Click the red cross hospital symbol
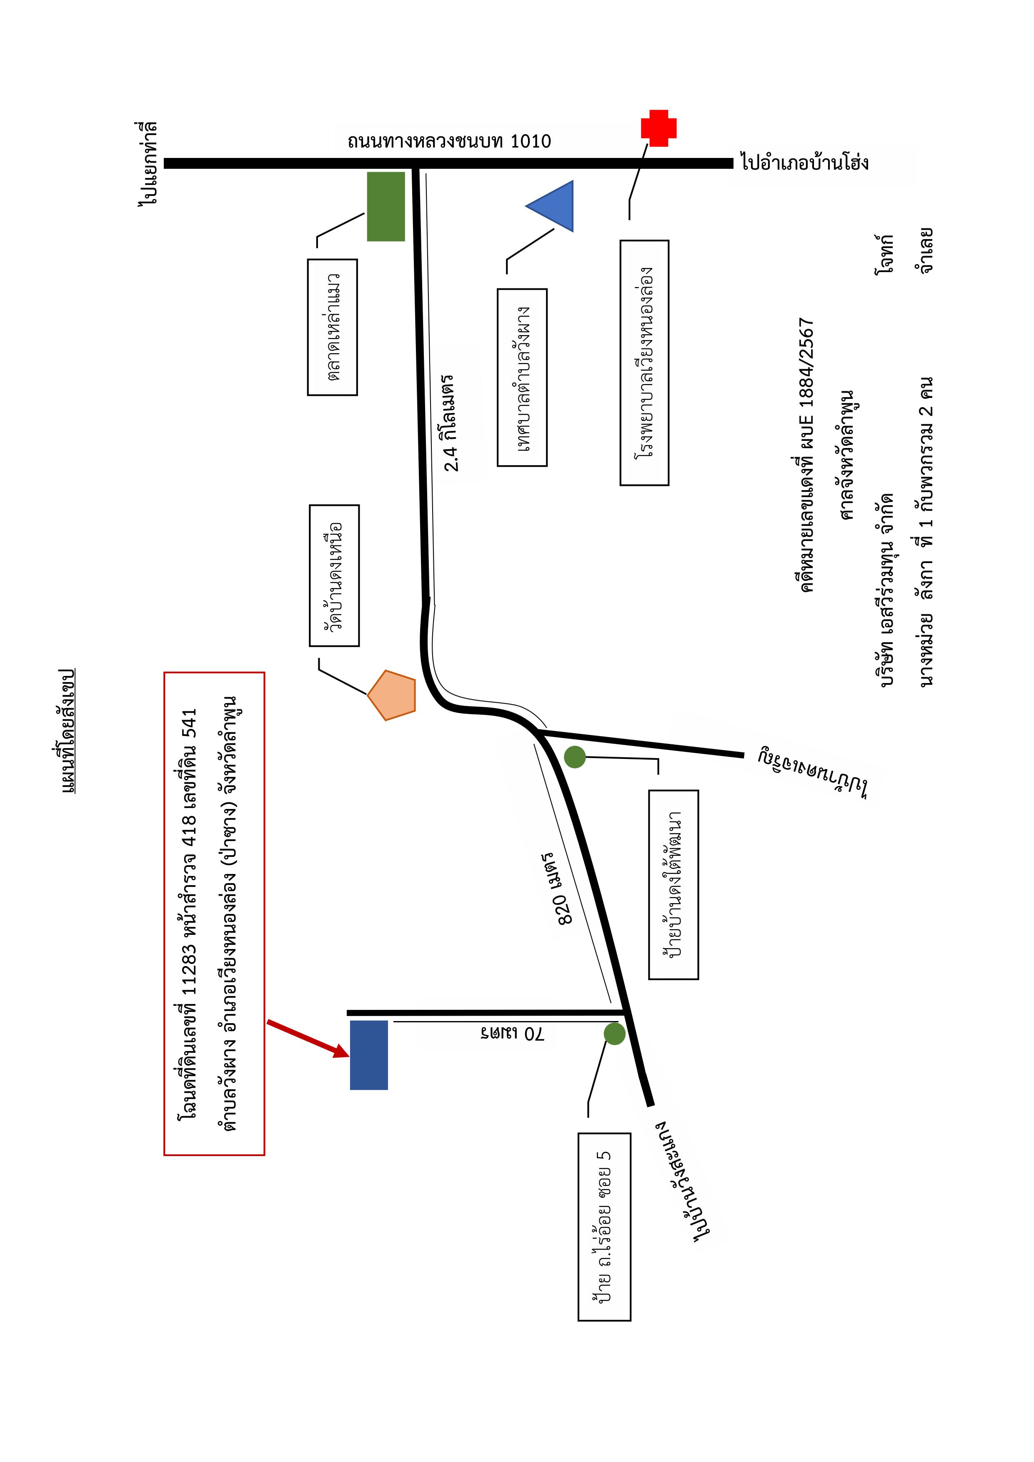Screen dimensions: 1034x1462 [658, 128]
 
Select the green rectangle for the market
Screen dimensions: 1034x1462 [386, 206]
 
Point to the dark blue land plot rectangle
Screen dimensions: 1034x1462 [369, 1055]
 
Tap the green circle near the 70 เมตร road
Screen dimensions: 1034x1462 [614, 1034]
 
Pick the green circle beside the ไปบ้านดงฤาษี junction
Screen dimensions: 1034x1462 [575, 756]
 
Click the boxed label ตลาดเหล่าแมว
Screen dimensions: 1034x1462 [332, 327]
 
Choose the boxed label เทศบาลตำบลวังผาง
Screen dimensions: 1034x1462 [522, 378]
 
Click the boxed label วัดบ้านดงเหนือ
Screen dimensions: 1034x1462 [334, 576]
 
